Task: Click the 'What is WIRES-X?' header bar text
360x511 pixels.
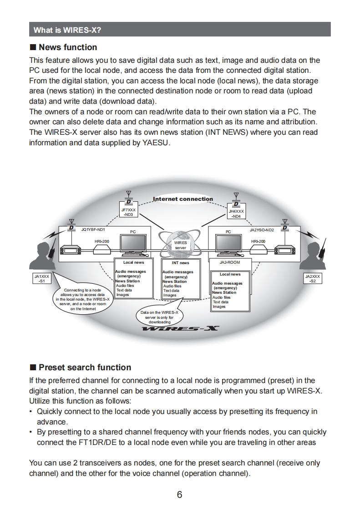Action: pyautogui.click(x=67, y=31)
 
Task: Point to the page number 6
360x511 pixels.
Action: pyautogui.click(x=180, y=495)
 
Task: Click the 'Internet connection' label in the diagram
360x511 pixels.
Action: pyautogui.click(x=183, y=199)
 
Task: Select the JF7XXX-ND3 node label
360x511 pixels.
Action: pyautogui.click(x=128, y=212)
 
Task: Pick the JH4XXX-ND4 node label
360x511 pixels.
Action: pyautogui.click(x=236, y=214)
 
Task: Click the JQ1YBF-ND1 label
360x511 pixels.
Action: pyautogui.click(x=93, y=230)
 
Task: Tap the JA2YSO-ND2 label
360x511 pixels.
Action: pyautogui.click(x=262, y=230)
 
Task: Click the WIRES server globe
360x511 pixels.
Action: pyautogui.click(x=181, y=245)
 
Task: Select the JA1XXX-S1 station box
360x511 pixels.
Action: pyautogui.click(x=42, y=278)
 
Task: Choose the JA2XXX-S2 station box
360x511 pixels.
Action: pyautogui.click(x=313, y=278)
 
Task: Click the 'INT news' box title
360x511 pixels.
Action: pyautogui.click(x=181, y=263)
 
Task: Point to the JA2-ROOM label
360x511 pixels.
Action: pyautogui.click(x=230, y=263)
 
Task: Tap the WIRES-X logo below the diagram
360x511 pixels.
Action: pyautogui.click(x=180, y=329)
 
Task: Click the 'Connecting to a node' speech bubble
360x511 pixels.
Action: pyautogui.click(x=82, y=299)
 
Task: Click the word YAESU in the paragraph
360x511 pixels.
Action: pyautogui.click(x=155, y=143)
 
